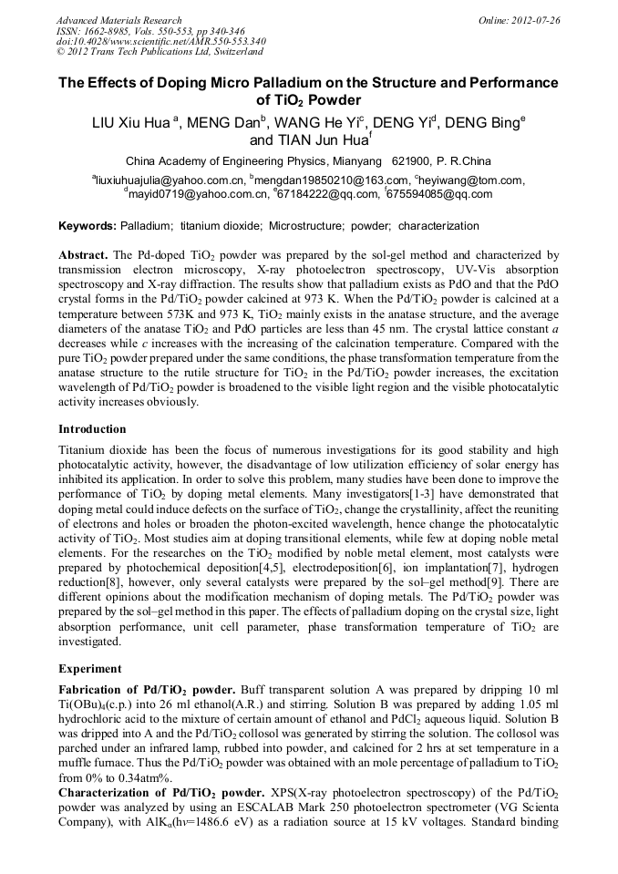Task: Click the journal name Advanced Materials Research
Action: point(118,20)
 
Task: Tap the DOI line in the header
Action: point(160,41)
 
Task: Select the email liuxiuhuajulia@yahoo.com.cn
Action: point(170,180)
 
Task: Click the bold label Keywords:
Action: point(88,225)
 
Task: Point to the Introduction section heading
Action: point(92,428)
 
